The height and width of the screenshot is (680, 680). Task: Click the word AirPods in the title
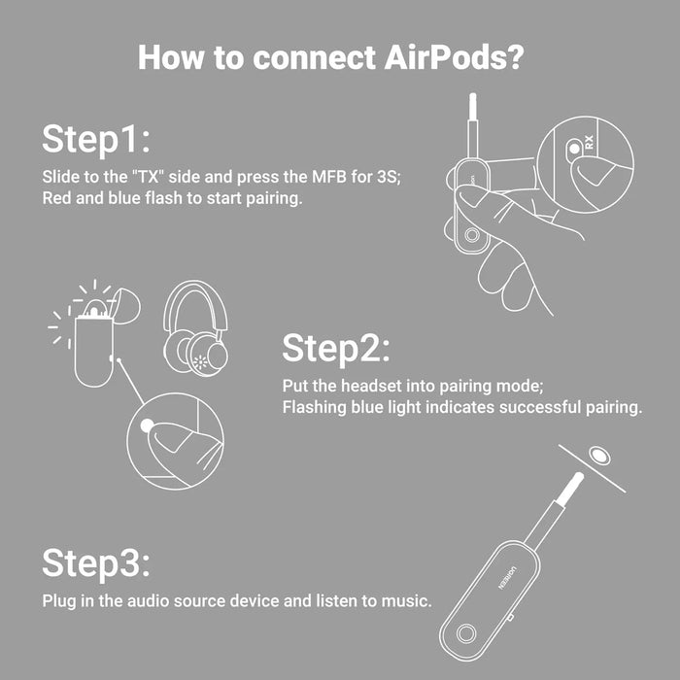pyautogui.click(x=454, y=57)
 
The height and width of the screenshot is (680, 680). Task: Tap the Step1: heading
pyautogui.click(x=96, y=139)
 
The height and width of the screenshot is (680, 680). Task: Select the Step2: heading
pyautogui.click(x=336, y=349)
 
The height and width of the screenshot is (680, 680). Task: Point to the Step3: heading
pyautogui.click(x=96, y=562)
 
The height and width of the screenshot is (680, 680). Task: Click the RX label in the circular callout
pyautogui.click(x=589, y=142)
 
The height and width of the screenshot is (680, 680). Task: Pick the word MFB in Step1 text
pyautogui.click(x=327, y=177)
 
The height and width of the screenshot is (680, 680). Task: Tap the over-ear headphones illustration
pyautogui.click(x=195, y=328)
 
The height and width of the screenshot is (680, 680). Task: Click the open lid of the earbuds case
pyautogui.click(x=125, y=306)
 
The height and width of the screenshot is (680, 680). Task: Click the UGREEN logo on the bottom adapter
pyautogui.click(x=507, y=577)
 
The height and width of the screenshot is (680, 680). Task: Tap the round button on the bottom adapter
pyautogui.click(x=465, y=633)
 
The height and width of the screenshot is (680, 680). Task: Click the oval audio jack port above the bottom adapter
pyautogui.click(x=599, y=456)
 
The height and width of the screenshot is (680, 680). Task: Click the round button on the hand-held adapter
pyautogui.click(x=471, y=235)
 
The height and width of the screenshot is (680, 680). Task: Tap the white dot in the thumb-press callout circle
pyautogui.click(x=147, y=425)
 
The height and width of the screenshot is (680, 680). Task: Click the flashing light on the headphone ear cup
pyautogui.click(x=200, y=362)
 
